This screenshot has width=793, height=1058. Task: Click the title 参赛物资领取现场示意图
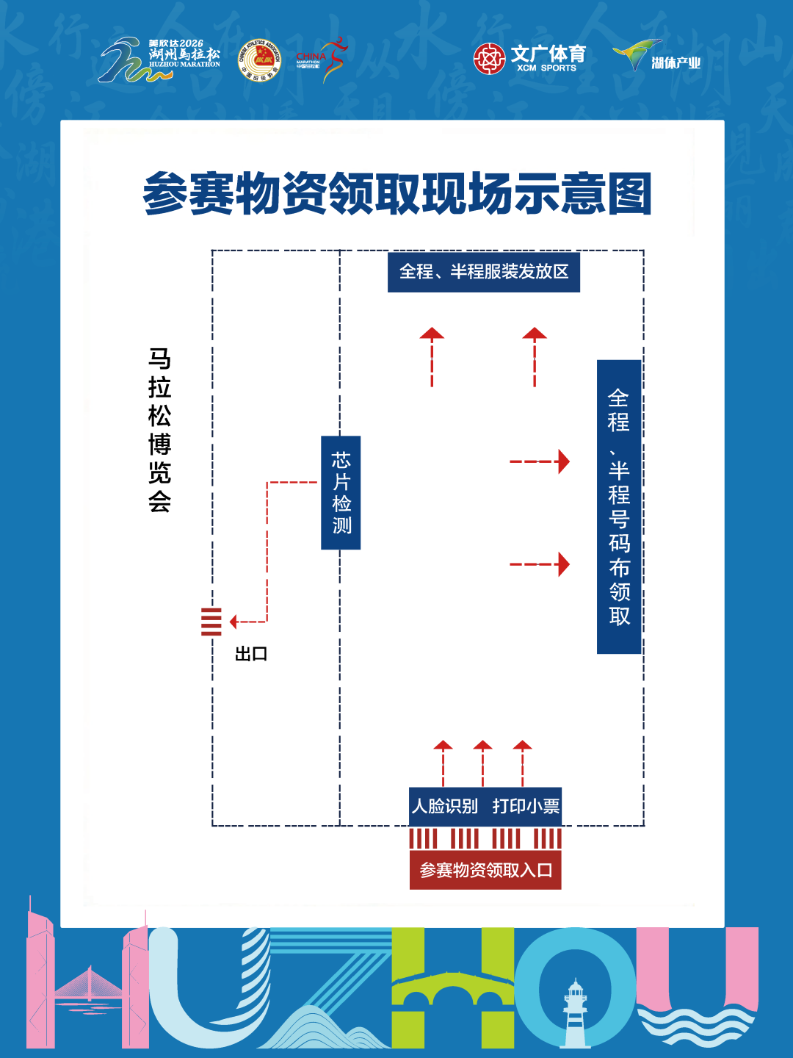396,195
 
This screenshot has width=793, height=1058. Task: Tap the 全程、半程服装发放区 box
483,272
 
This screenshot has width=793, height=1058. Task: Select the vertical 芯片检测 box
341,492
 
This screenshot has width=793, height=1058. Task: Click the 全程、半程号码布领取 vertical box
619,507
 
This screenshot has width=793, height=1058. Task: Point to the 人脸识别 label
445,806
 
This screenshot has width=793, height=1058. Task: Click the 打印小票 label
526,806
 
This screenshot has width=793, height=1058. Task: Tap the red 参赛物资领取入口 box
485,870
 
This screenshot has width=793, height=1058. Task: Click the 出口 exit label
251,654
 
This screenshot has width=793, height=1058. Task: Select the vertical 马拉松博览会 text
159,430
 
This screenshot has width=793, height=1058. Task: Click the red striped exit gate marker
211,622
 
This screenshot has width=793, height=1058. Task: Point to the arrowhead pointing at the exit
233,622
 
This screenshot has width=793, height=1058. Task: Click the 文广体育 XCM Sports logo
530,59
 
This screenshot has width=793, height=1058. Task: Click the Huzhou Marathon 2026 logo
160,59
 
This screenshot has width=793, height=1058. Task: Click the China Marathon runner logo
322,60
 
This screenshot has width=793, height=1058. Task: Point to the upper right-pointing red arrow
540,461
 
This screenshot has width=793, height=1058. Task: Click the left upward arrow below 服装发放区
432,356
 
